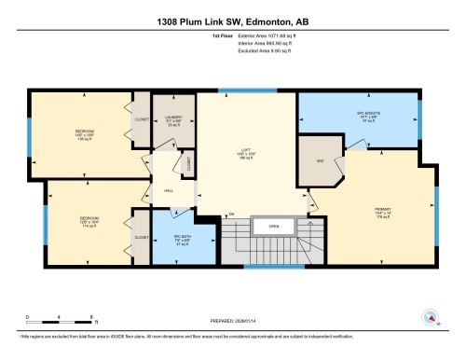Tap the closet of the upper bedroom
point(141,119)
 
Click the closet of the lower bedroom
point(141,237)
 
